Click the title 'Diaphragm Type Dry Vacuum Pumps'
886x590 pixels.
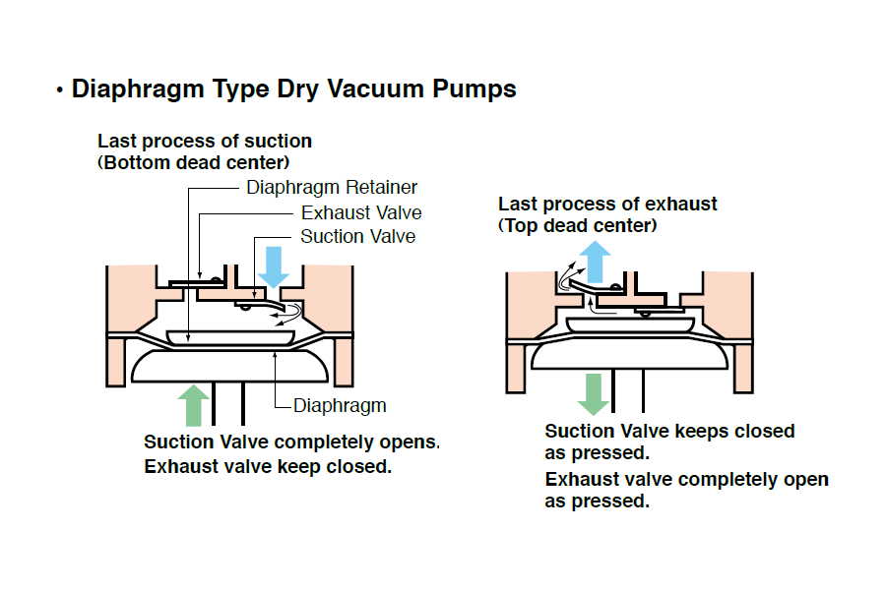pyautogui.click(x=293, y=89)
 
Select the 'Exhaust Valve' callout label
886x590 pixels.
pyautogui.click(x=361, y=212)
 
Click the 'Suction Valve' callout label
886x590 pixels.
pyautogui.click(x=357, y=236)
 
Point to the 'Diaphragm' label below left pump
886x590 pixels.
pyautogui.click(x=340, y=405)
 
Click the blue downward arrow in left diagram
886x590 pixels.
pyautogui.click(x=275, y=265)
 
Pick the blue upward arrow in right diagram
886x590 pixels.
pyautogui.click(x=593, y=260)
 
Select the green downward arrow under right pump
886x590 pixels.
pyautogui.click(x=593, y=393)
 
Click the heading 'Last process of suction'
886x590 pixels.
pyautogui.click(x=205, y=142)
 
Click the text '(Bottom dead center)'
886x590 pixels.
pyautogui.click(x=194, y=162)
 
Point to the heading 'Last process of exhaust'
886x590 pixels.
pyautogui.click(x=607, y=205)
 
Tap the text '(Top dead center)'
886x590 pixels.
pyautogui.click(x=578, y=225)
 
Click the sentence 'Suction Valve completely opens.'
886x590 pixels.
pyautogui.click(x=291, y=442)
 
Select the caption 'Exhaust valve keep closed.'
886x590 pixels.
pyautogui.click(x=268, y=466)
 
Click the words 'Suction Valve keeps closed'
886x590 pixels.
pyautogui.click(x=669, y=431)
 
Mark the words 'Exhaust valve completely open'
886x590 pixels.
pyautogui.click(x=686, y=480)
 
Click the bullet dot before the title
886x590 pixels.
pyautogui.click(x=60, y=91)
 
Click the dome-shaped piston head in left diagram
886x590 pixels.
pyautogui.click(x=228, y=367)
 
